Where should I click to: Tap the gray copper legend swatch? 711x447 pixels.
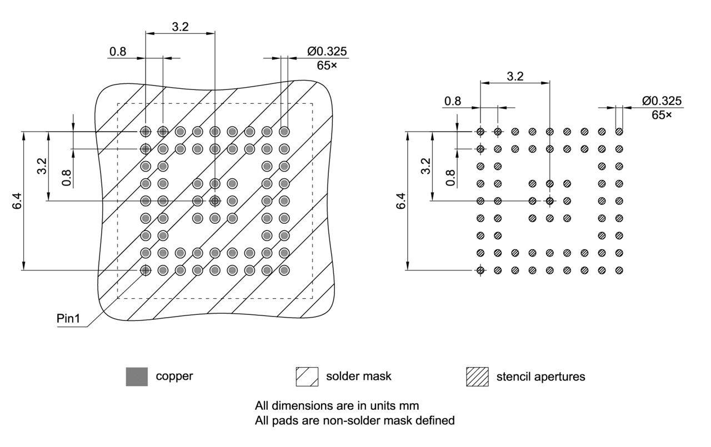(x=137, y=376)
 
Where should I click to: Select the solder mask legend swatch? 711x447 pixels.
(x=307, y=376)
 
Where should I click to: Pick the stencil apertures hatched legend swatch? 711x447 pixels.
(x=477, y=376)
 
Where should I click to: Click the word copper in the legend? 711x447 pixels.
(x=174, y=376)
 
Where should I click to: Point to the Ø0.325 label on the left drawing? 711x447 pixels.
(x=327, y=52)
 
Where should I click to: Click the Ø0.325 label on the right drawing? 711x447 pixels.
(x=662, y=101)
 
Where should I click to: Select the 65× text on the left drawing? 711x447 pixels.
(x=327, y=66)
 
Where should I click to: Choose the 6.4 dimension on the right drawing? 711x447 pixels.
(x=402, y=201)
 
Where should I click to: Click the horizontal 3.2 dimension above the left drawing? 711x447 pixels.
(x=180, y=27)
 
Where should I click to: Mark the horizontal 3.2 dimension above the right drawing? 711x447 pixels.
(x=515, y=77)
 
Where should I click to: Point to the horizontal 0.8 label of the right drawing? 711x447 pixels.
(x=453, y=101)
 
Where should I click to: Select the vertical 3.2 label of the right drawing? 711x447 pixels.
(x=425, y=165)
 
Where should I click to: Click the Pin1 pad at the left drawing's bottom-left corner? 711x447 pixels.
(x=146, y=270)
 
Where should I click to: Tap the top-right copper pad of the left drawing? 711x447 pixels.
(x=284, y=132)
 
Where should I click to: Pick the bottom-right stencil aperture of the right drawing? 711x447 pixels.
(x=619, y=270)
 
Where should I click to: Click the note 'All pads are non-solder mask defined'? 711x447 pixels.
(x=354, y=420)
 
